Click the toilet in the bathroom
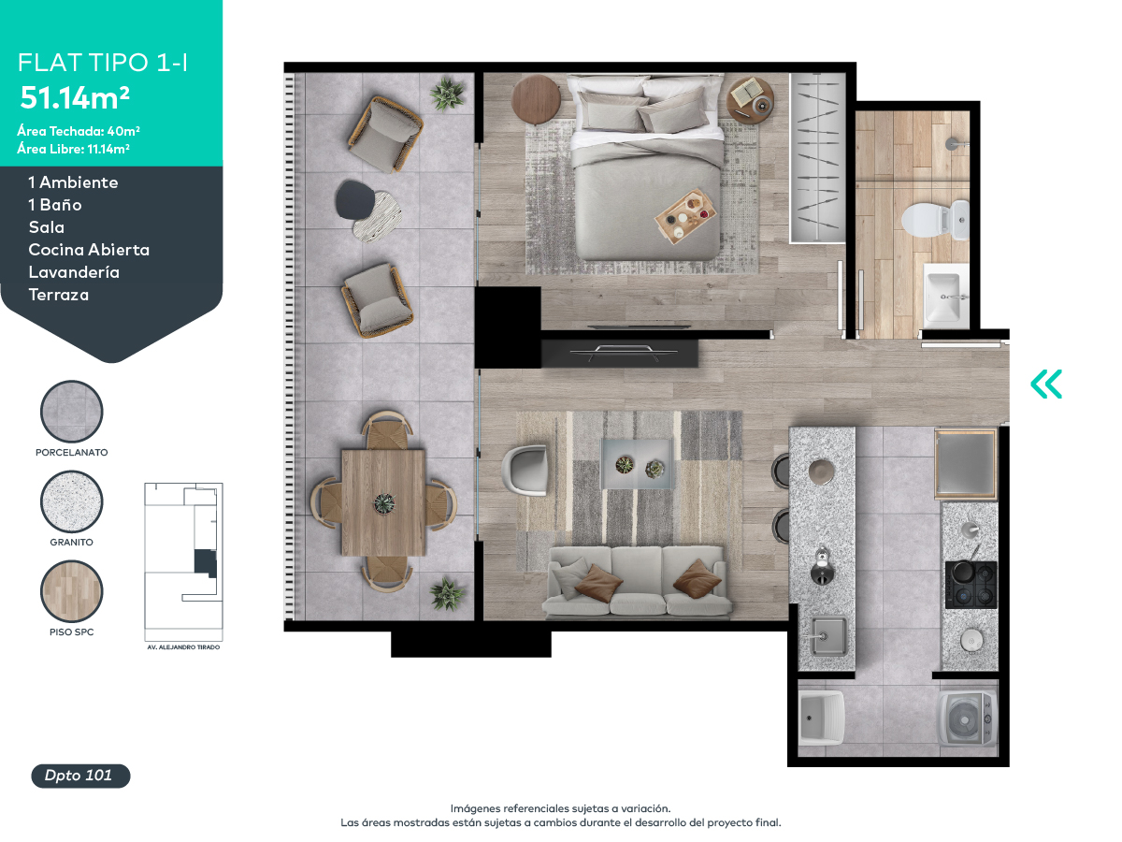click(x=934, y=220)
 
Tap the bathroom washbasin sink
click(x=945, y=296)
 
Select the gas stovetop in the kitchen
click(x=971, y=585)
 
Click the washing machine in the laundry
click(x=966, y=719)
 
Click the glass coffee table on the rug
click(x=637, y=464)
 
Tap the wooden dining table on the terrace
click(x=383, y=502)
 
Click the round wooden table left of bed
click(x=536, y=99)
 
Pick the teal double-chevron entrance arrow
click(x=1046, y=384)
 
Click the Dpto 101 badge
click(x=80, y=776)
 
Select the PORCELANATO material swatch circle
click(x=72, y=411)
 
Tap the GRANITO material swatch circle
click(x=72, y=501)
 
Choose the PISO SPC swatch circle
click(x=72, y=591)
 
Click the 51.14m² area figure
click(x=75, y=97)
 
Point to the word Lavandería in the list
click(x=74, y=272)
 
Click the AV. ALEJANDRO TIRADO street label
click(x=183, y=647)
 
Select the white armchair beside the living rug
click(x=525, y=470)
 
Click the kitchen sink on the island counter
click(x=828, y=636)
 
